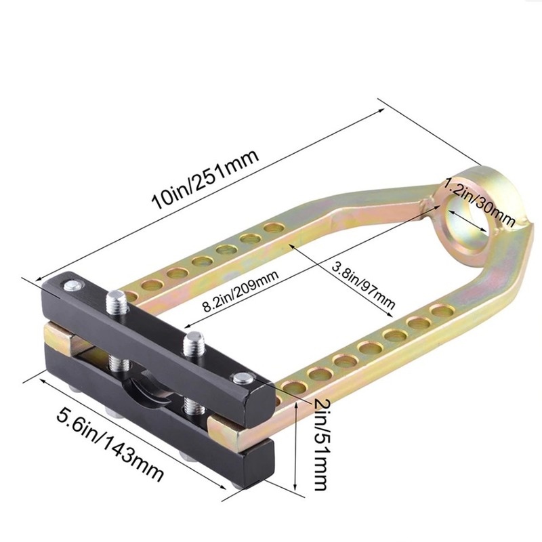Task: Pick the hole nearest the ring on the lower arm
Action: [442, 311]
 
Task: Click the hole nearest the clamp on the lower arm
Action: [293, 386]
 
